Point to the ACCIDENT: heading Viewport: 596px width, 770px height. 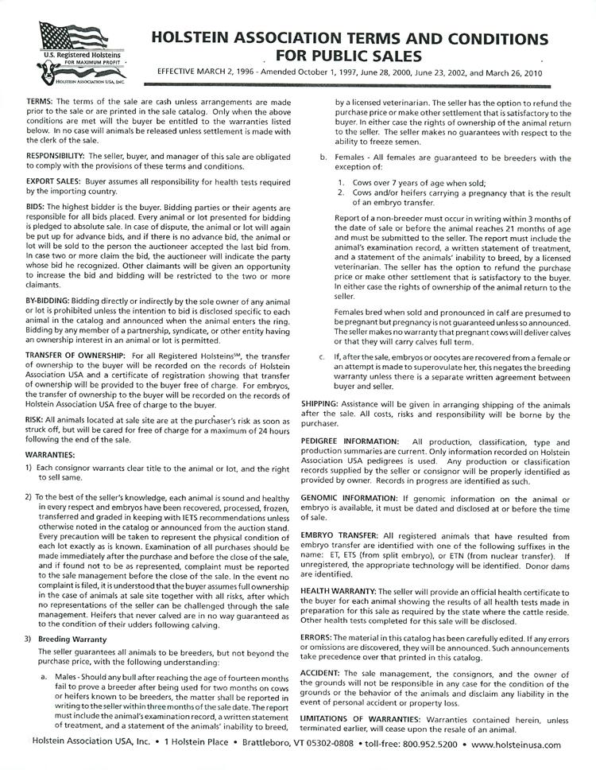326,674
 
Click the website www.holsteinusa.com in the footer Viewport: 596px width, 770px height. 516,745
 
